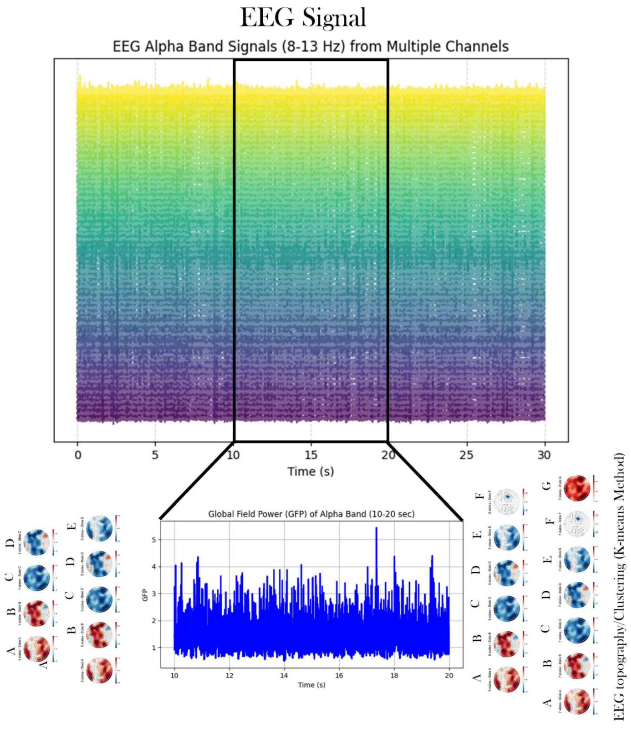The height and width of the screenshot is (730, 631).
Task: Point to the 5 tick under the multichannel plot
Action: coord(155,455)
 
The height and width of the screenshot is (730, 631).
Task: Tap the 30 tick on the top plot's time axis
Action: coord(544,455)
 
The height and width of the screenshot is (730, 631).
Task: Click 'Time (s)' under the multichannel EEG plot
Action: coord(310,471)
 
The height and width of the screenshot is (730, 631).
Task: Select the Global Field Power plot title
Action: coord(311,514)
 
